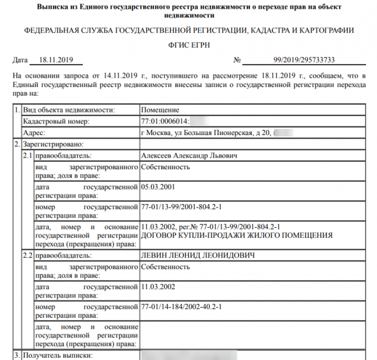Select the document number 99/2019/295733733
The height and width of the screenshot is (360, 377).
tap(303, 60)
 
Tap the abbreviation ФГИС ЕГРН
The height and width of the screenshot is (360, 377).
tap(188, 45)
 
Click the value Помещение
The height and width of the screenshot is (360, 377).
tap(160, 110)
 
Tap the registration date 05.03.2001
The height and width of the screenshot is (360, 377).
tap(158, 187)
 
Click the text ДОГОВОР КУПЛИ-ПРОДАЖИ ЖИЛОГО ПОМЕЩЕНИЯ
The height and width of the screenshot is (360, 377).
tap(237, 235)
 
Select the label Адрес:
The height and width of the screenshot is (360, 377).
tap(34, 133)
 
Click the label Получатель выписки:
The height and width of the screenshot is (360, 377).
tap(57, 354)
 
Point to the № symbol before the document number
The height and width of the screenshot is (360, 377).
tap(237, 60)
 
